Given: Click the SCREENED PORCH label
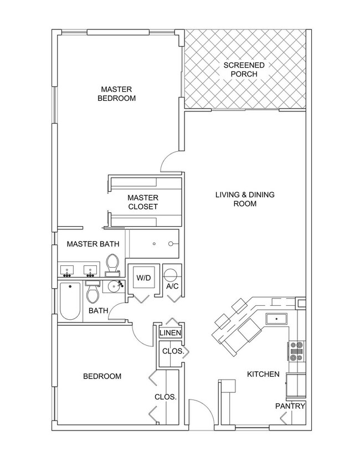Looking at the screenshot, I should pyautogui.click(x=244, y=69).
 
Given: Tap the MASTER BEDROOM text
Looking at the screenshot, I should pyautogui.click(x=116, y=94).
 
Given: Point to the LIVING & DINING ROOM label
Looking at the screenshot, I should pyautogui.click(x=244, y=199).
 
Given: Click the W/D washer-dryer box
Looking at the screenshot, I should pyautogui.click(x=143, y=278).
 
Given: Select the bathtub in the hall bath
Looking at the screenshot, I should pyautogui.click(x=70, y=300).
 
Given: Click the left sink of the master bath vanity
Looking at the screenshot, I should pyautogui.click(x=68, y=271).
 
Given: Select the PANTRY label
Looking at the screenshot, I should pyautogui.click(x=290, y=406).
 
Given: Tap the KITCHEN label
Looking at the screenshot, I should pyautogui.click(x=263, y=374).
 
